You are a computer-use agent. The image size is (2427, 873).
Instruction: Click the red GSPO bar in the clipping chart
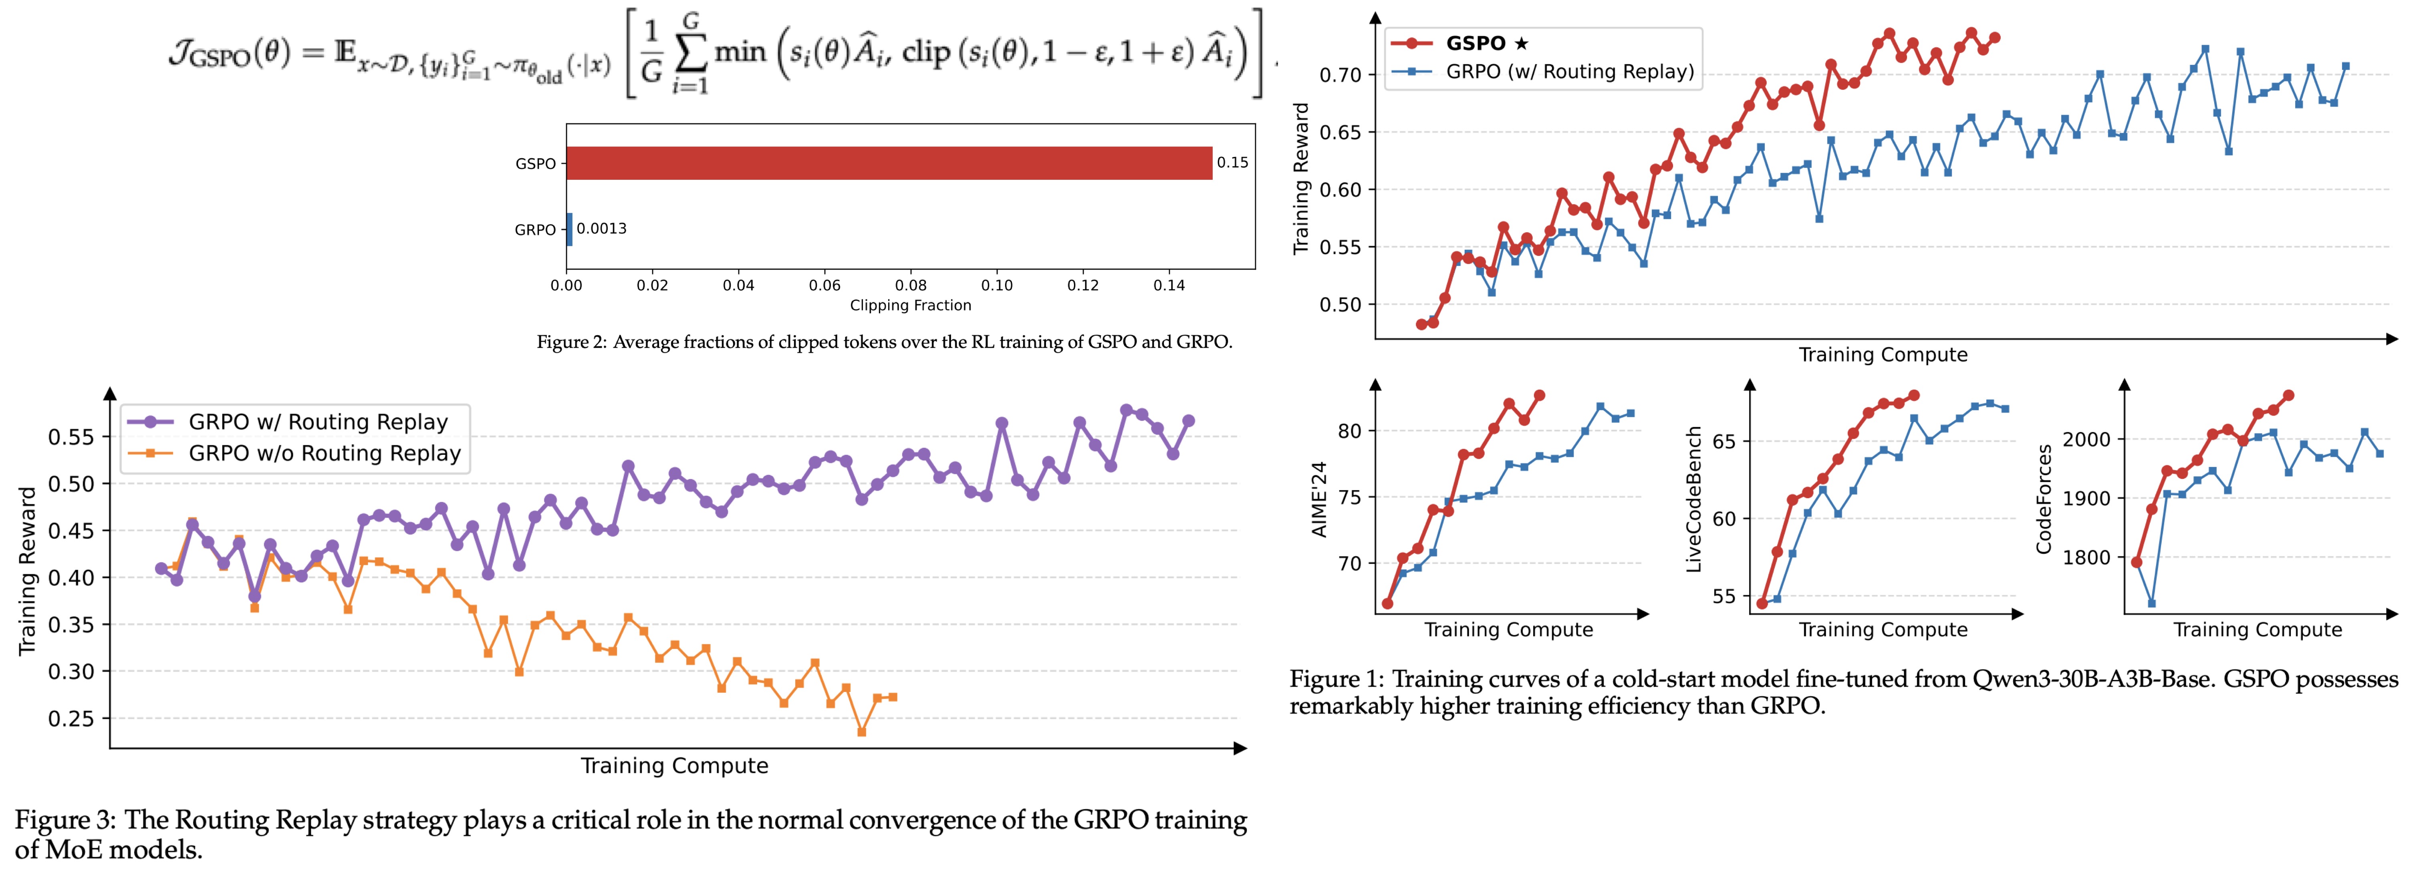pos(889,163)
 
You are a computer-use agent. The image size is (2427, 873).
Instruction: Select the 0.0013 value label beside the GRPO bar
pos(601,229)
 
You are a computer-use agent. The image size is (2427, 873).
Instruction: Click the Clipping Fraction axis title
pos(910,305)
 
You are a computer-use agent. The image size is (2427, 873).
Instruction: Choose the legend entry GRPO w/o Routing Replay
pos(324,453)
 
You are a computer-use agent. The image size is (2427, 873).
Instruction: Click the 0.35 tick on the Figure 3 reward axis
pos(72,624)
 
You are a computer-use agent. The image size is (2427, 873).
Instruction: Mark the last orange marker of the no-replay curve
pos(892,697)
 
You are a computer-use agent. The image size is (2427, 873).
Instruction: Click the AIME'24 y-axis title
pos(1319,499)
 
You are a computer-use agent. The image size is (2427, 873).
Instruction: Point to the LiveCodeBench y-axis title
pos(1693,499)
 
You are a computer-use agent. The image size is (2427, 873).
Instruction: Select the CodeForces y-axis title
pos(2044,499)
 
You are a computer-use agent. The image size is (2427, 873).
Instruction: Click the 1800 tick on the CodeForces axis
pos(2086,557)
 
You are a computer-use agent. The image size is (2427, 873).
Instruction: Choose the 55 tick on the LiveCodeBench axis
pos(1723,596)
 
